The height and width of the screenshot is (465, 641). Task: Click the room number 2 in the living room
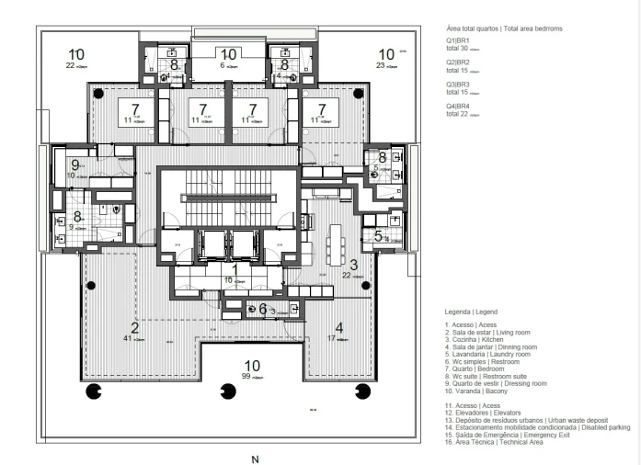click(134, 327)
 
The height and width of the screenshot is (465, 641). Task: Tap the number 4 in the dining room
click(338, 327)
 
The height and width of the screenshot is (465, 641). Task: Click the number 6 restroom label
click(262, 310)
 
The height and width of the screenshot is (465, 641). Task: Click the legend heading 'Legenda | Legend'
click(471, 312)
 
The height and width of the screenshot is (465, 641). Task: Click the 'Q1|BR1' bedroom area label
click(457, 40)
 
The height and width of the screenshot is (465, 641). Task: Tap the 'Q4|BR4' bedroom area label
click(457, 106)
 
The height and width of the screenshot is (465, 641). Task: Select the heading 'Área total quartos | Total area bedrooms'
click(504, 29)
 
